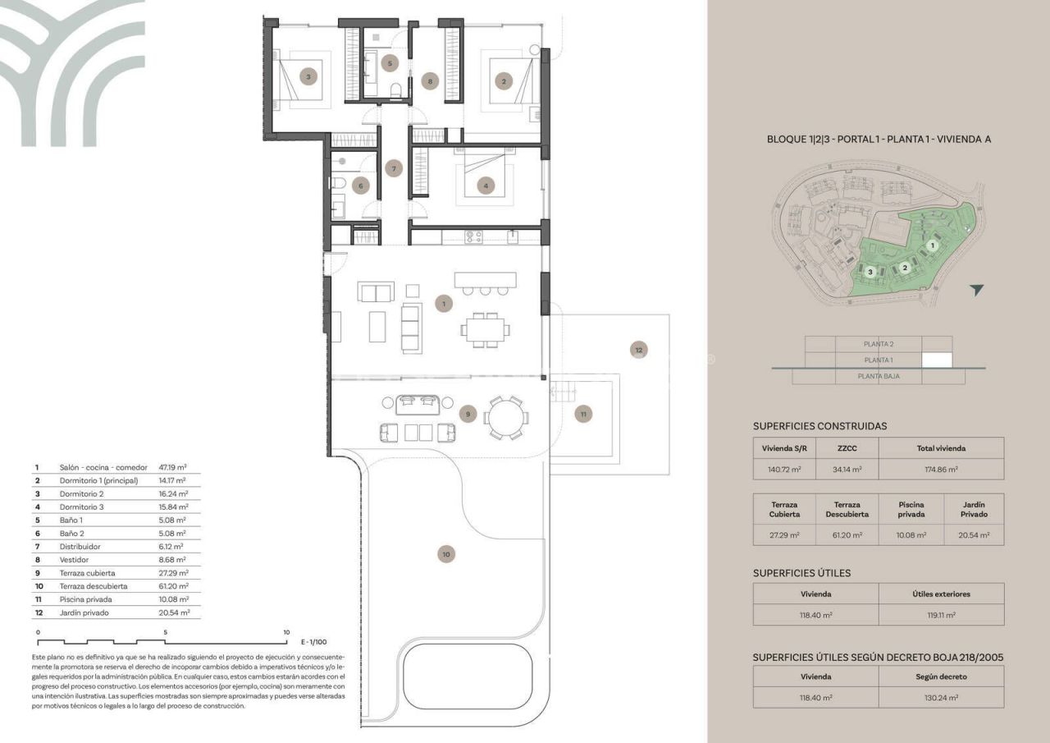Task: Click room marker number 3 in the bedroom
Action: (x=308, y=77)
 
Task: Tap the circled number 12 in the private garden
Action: (x=638, y=350)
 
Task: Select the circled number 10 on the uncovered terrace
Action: (x=445, y=555)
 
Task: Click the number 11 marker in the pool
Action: (x=582, y=414)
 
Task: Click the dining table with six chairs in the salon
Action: (x=484, y=330)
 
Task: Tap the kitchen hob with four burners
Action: (x=474, y=236)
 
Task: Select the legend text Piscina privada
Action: (x=87, y=599)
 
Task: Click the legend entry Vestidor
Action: (x=75, y=560)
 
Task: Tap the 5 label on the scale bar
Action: (x=166, y=632)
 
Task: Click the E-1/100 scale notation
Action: (x=315, y=642)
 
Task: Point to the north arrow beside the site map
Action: (x=975, y=290)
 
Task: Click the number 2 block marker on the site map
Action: (x=904, y=267)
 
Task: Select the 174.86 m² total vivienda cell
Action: (x=940, y=470)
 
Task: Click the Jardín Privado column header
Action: (x=974, y=509)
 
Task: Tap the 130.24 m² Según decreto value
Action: (x=940, y=697)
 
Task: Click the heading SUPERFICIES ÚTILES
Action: (x=801, y=573)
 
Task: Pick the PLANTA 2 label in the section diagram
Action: (x=879, y=344)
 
